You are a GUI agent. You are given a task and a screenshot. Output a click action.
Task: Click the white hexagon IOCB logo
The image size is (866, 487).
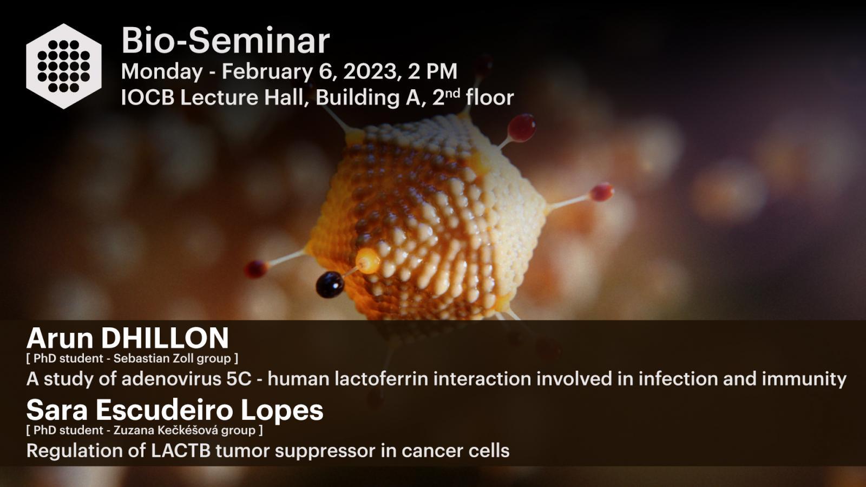64,66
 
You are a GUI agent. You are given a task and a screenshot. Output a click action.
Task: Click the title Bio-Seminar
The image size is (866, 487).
225,41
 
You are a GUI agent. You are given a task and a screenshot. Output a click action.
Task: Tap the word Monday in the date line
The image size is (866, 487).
162,72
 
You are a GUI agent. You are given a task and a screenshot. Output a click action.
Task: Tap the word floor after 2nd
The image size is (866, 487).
490,97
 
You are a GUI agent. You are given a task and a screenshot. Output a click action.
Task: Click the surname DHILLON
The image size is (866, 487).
165,338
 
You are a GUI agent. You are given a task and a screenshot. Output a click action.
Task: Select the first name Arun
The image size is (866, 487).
60,338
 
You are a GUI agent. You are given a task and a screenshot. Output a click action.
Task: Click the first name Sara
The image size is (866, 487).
57,411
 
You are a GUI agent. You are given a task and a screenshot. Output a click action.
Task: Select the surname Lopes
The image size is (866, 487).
282,411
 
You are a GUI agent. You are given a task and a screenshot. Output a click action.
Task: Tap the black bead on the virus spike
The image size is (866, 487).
330,285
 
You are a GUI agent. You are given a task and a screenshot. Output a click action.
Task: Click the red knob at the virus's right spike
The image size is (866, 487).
601,192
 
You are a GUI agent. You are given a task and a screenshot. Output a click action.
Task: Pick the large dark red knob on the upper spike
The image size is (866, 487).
522,128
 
